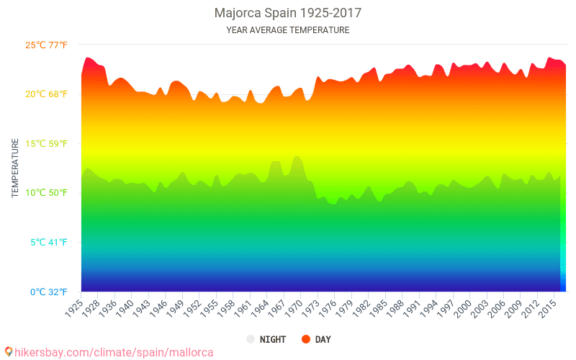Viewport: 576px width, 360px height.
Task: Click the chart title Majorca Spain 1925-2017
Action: click(288, 13)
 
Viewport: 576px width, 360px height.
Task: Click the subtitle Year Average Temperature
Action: click(288, 30)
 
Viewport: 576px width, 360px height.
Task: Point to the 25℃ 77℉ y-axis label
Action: click(47, 45)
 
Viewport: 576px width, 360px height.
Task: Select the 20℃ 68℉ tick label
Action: click(47, 94)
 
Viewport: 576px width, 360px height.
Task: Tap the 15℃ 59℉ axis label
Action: click(47, 143)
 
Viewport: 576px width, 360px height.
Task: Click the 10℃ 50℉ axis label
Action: click(47, 193)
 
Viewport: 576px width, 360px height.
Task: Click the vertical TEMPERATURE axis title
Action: click(15, 168)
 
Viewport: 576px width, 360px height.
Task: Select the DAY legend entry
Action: click(323, 339)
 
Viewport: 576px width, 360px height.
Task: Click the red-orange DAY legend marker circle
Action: click(305, 339)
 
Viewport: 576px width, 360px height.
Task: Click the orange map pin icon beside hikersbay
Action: click(9, 351)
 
